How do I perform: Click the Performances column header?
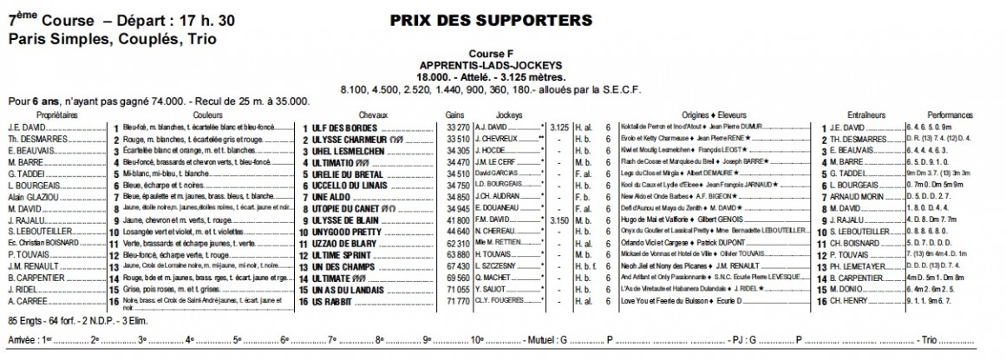pos(950,115)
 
